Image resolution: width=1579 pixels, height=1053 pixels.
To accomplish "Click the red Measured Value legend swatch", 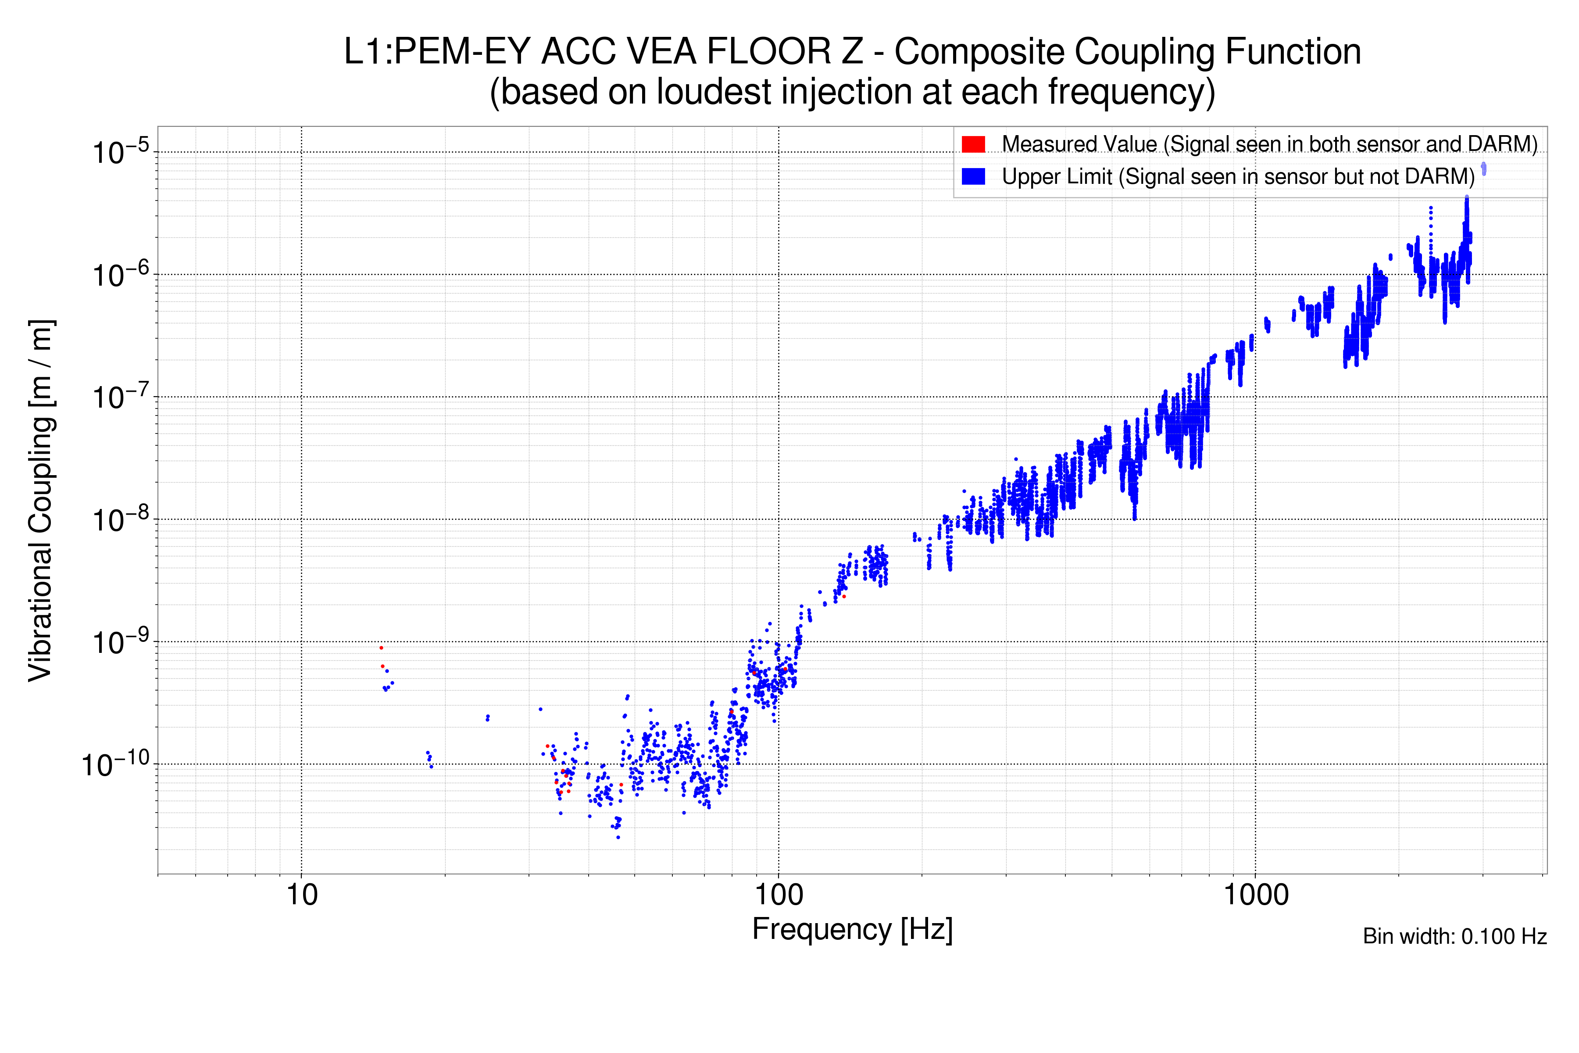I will [973, 144].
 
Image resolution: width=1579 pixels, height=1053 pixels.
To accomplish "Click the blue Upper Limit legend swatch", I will [973, 176].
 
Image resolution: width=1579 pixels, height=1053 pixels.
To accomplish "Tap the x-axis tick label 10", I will [301, 895].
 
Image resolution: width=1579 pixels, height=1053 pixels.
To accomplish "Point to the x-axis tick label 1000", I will [1255, 895].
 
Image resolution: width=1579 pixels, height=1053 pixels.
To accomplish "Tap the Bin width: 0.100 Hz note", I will [1454, 936].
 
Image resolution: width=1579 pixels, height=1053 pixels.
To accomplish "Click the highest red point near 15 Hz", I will [381, 648].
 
